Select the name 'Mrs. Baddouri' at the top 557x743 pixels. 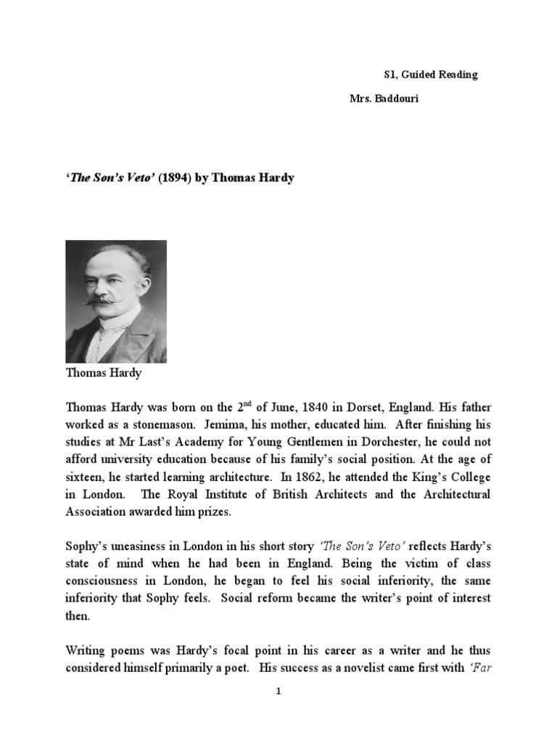coord(384,99)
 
